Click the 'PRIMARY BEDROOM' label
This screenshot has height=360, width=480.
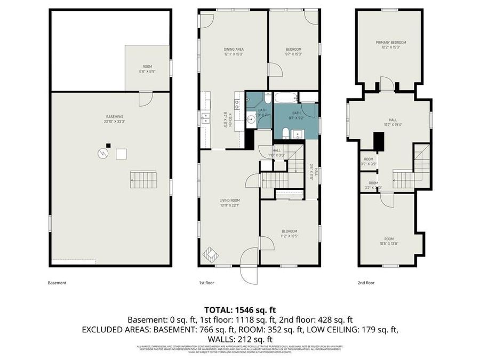click(x=390, y=43)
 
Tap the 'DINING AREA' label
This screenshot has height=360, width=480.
click(x=234, y=50)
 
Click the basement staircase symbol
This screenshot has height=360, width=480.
click(x=144, y=180)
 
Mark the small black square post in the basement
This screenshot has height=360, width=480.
click(x=108, y=145)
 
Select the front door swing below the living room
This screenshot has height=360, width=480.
click(x=249, y=271)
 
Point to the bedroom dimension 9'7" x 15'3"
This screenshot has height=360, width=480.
click(x=293, y=54)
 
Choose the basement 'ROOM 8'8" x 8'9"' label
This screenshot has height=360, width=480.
click(x=147, y=69)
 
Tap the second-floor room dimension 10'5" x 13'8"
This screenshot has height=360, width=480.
click(x=388, y=244)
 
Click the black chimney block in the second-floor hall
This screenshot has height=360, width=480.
click(x=378, y=142)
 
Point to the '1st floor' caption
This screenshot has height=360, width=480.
click(x=206, y=283)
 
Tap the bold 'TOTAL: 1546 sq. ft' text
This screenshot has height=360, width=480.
click(x=240, y=309)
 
